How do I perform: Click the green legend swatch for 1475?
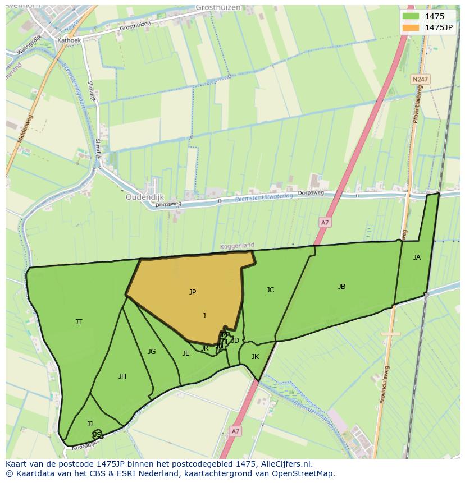point(411,16)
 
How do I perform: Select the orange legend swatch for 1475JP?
point(411,27)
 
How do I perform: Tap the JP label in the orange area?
point(193,292)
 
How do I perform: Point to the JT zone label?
point(79,322)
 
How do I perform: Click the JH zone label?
point(122,376)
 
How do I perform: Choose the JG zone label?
point(152,352)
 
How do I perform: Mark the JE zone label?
point(186,353)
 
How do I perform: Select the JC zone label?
point(270,290)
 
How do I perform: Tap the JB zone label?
point(341,287)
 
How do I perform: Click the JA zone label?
point(417,257)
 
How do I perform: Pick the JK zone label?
point(255,357)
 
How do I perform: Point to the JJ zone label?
point(90,424)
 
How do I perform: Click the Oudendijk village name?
point(144,197)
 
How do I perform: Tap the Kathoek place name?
point(70,41)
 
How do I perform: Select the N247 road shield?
point(420,80)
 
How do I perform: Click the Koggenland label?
point(237,246)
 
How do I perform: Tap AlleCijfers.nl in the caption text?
point(285,464)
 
